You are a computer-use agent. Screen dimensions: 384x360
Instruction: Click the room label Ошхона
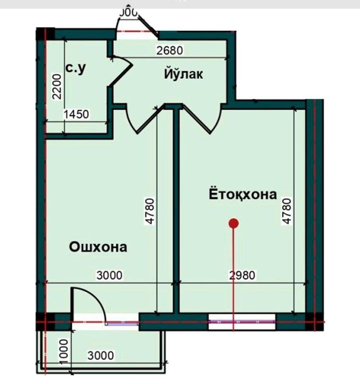pos(98,247)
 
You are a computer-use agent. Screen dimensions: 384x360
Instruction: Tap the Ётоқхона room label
pos(242,195)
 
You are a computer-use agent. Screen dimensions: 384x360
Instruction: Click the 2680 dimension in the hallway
pos(169,51)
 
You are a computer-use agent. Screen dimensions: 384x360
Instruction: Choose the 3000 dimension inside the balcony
pos(100,355)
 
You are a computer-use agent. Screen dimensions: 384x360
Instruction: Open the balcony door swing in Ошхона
pos(88,302)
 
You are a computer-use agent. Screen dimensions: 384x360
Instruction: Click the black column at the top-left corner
pos(45,32)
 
